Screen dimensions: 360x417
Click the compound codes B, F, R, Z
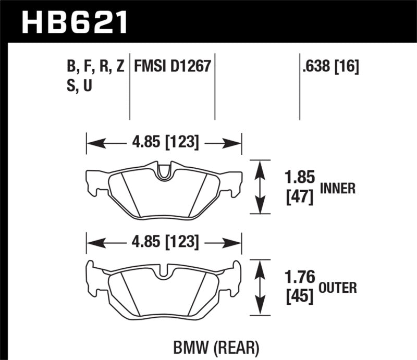[93, 67]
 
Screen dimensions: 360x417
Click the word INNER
[338, 189]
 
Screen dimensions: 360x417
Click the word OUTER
[338, 287]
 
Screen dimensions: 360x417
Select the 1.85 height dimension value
[299, 178]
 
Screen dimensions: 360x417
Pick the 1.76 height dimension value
[299, 277]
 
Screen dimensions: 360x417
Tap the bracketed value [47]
[299, 197]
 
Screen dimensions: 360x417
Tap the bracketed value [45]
[299, 296]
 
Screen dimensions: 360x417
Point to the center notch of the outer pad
[164, 271]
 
